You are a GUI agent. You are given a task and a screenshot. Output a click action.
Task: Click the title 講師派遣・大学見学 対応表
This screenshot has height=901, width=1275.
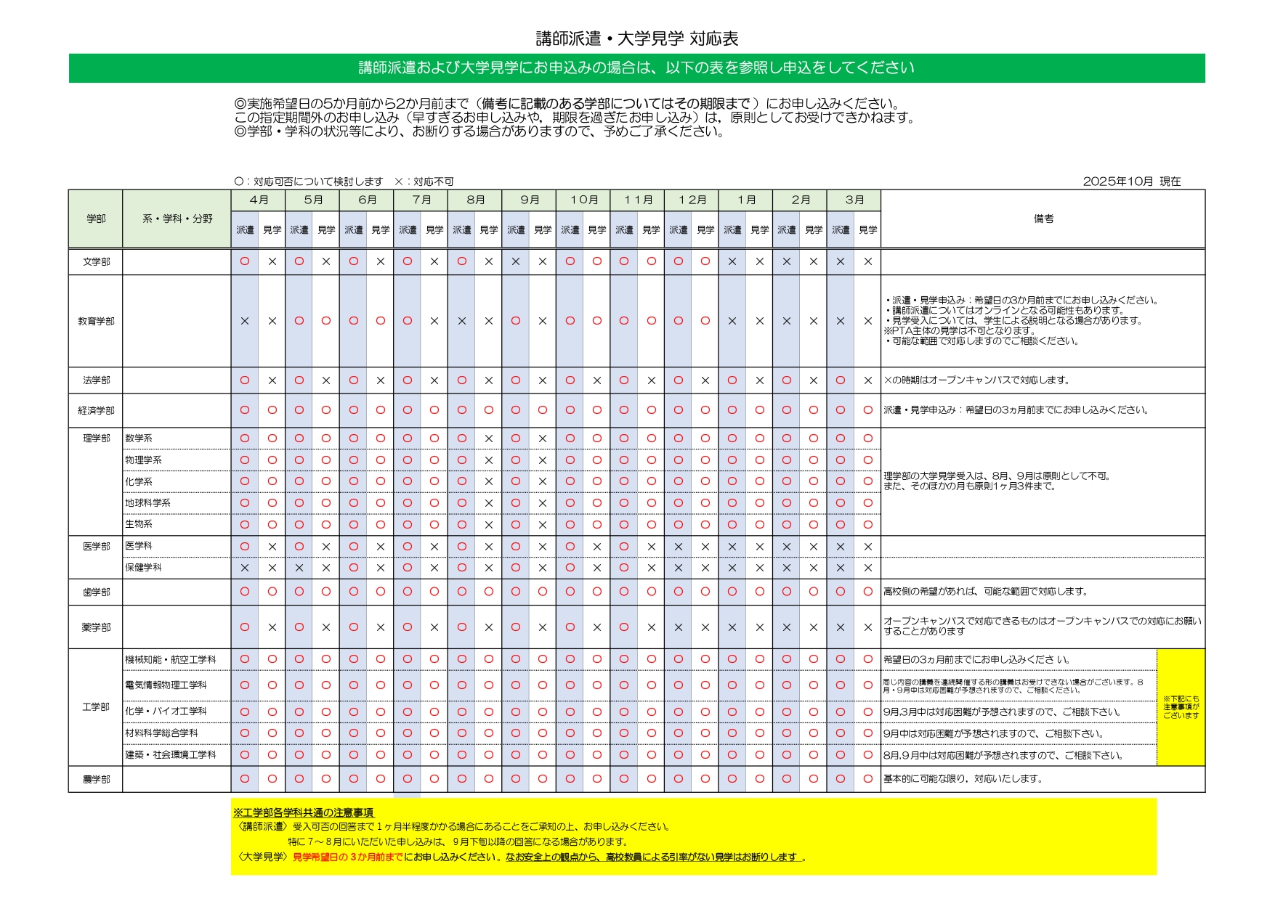point(636,38)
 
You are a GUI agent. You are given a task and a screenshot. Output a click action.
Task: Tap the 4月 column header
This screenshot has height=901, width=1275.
point(258,200)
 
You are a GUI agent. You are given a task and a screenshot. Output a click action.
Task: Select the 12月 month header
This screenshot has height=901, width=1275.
point(692,200)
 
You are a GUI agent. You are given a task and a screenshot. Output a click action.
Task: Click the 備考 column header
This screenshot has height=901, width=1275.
point(1043,219)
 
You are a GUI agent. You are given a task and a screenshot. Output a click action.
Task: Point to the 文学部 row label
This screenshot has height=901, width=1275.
point(96,261)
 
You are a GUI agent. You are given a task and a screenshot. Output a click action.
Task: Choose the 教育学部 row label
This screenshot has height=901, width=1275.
point(96,321)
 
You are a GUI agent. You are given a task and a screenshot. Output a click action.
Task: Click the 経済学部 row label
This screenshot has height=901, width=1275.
point(96,410)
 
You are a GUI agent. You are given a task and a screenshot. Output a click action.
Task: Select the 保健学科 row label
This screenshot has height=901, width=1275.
point(143,567)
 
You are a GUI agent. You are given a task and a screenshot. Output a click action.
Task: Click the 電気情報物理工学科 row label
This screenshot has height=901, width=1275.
point(166,685)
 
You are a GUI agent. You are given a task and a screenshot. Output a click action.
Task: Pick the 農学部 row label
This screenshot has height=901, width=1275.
point(96,779)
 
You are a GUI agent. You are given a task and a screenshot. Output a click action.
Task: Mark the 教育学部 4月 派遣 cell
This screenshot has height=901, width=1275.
point(245,321)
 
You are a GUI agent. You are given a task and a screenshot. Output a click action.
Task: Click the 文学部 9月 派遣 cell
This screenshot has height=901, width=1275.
point(516,261)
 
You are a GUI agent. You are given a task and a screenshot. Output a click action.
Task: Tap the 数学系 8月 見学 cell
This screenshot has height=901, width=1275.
point(489,439)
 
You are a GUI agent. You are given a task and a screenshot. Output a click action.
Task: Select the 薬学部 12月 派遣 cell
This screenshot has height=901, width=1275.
point(679,627)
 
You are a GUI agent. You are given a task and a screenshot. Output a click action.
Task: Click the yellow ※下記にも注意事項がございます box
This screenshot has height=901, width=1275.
point(1181,706)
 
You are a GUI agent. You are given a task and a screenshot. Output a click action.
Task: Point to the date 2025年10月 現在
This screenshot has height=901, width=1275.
point(1131,182)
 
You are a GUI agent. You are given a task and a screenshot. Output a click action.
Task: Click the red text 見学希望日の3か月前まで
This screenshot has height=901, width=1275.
point(347,857)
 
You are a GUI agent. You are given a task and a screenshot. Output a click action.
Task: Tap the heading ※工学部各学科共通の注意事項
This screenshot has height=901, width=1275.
point(303,812)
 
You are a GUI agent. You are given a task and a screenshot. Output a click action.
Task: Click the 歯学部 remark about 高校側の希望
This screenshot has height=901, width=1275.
point(985,592)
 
